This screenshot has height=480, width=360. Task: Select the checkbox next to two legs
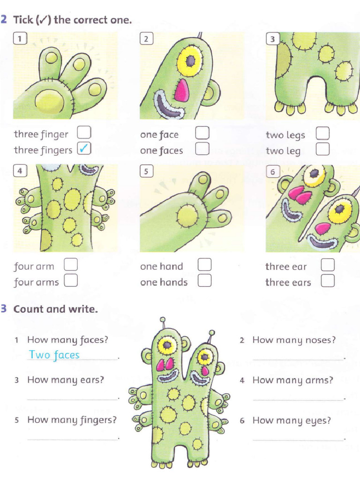click(322, 134)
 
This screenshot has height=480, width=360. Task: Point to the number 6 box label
click(272, 172)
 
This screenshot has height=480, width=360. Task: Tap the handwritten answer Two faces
click(54, 355)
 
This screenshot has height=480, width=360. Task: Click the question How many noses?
click(294, 340)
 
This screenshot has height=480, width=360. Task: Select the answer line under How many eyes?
click(298, 440)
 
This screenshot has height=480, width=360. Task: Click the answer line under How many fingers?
click(72, 439)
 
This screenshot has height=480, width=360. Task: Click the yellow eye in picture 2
click(190, 60)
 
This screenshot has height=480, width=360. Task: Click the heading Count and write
click(55, 309)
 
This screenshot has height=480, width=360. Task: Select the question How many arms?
click(292, 380)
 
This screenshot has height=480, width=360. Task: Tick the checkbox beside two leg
click(322, 150)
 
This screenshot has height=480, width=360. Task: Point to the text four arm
click(34, 266)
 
